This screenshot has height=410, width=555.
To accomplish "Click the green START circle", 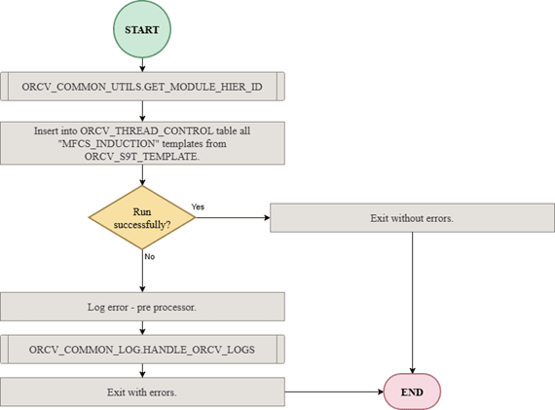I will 143,29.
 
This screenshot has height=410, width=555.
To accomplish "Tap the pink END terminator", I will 412,391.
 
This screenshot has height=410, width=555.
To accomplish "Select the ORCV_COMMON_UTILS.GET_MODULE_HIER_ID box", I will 143,87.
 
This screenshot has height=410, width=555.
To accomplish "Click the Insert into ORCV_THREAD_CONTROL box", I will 143,141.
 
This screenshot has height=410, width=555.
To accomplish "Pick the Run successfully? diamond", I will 142,217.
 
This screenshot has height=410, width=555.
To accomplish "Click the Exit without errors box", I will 412,217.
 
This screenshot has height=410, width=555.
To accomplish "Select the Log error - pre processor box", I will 143,307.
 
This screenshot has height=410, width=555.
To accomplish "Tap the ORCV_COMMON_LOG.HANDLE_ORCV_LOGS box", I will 143,348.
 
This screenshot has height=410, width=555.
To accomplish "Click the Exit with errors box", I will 143,391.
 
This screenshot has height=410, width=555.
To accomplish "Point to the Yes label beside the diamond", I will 199,206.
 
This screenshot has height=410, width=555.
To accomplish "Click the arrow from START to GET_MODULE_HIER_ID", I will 143,63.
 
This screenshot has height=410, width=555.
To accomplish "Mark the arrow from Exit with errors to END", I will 331,391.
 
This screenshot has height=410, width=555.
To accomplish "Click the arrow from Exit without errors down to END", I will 412,302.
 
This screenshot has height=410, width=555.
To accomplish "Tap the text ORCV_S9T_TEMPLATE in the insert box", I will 143,155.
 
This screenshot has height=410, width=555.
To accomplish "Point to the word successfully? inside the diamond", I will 142,224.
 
